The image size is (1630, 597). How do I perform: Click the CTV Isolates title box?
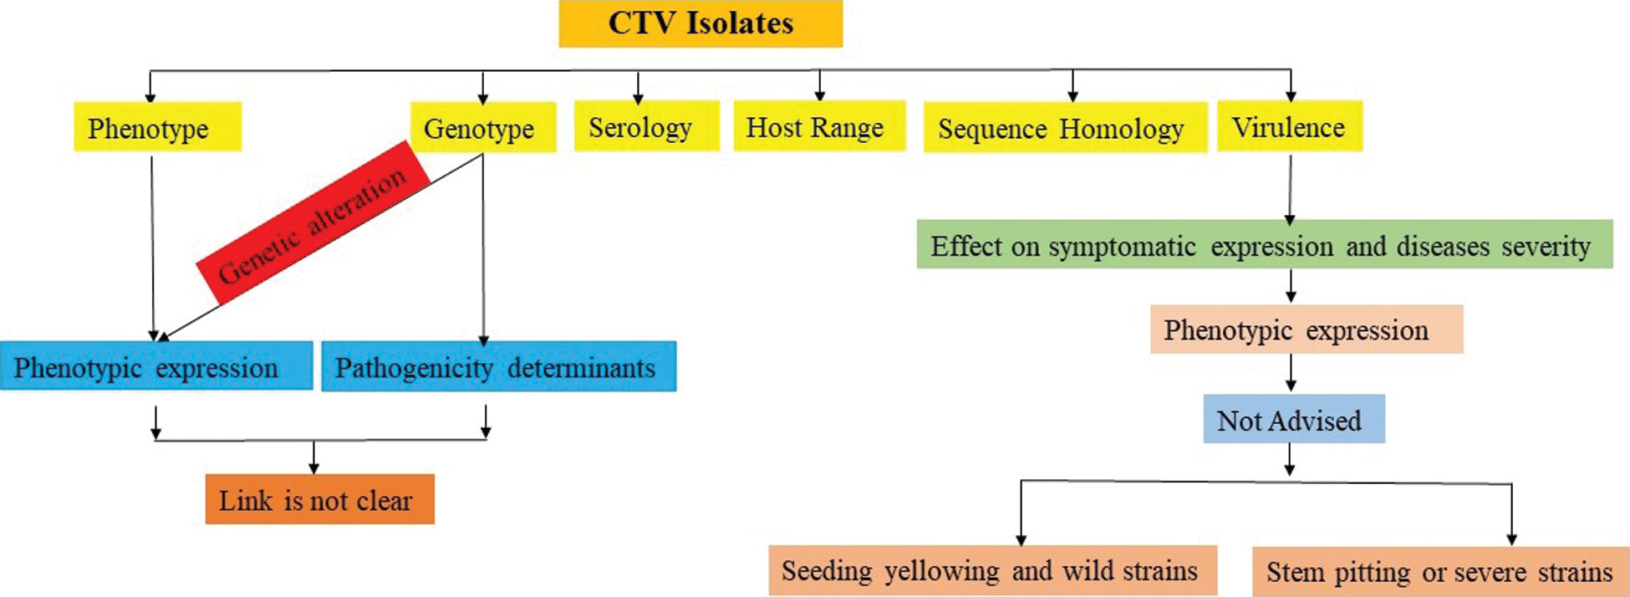point(700,23)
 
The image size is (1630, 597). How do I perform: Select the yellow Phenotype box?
point(158,127)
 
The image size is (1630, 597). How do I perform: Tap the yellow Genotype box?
point(483,127)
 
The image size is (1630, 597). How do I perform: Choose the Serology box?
point(646,126)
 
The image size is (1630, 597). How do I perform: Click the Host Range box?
point(819,126)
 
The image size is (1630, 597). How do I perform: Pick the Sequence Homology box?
point(1065,127)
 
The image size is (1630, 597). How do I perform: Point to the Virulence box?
point(1290,126)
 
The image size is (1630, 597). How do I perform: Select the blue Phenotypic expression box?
point(156,366)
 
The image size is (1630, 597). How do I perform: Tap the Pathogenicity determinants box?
point(499,366)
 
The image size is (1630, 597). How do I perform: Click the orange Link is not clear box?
point(320,499)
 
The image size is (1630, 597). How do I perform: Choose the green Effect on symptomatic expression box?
point(1265,244)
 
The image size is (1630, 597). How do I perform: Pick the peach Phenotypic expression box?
point(1307,329)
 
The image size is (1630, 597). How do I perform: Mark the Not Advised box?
point(1294,419)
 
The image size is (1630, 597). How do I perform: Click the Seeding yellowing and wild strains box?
point(993,570)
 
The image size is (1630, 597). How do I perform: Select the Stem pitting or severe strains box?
point(1441,571)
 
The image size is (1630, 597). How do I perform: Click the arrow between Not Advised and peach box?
point(1291,373)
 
